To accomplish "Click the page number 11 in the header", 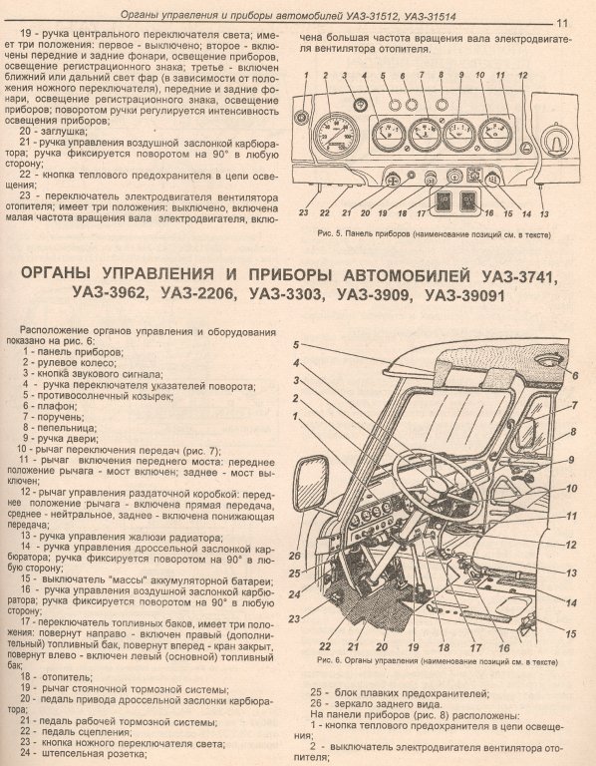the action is coord(561,23).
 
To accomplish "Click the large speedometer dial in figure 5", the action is coord(336,135).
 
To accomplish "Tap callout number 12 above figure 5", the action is coord(523,76).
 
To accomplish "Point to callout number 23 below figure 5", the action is coord(304,212).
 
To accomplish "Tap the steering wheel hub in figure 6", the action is coord(436,483).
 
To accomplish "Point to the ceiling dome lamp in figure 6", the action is coord(549,361).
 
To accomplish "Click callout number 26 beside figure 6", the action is coord(294,556).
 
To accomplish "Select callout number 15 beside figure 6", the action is coord(570,634).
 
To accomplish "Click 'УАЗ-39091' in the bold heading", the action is coord(464,295).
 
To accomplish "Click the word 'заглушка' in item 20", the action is coord(62,132).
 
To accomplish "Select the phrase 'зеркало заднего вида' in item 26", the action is coord(388,704).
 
